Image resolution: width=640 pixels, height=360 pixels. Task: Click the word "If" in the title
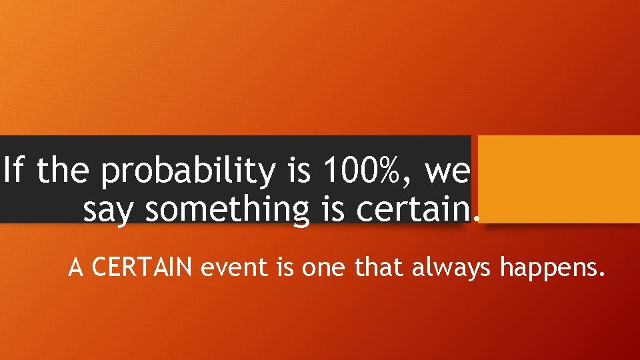[x=13, y=173]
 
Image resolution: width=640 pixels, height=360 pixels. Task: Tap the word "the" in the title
[x=63, y=173]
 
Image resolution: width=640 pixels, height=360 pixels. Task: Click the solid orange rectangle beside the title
[x=559, y=179]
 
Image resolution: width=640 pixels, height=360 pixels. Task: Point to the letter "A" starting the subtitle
[x=76, y=269]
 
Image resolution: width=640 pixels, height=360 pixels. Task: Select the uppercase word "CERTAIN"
[x=142, y=269]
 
